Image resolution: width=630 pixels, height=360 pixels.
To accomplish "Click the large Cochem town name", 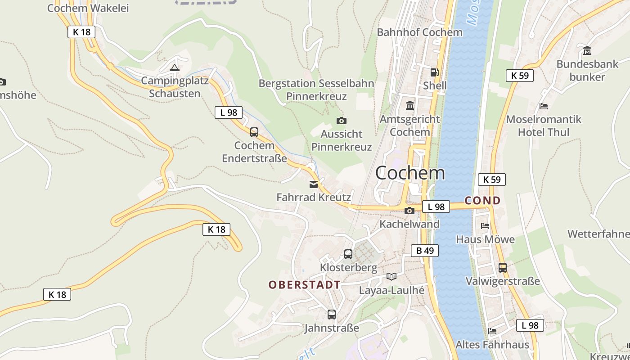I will coord(410,173).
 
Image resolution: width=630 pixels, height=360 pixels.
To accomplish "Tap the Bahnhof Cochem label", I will coord(419,32).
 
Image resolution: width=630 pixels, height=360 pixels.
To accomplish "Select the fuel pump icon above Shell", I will coord(434,72).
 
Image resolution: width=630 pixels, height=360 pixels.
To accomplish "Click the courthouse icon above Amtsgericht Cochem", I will coord(410,106).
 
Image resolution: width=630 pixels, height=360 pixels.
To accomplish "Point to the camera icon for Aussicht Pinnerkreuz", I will coord(342,121).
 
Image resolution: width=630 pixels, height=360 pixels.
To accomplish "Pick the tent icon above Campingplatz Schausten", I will coord(174,68).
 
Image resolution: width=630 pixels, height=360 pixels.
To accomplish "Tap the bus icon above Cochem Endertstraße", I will coord(254,132).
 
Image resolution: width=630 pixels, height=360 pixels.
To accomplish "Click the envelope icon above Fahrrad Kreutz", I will coord(313,184).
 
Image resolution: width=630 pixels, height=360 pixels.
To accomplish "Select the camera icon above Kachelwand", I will coord(409,211).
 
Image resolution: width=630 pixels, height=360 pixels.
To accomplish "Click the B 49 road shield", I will coord(424,251).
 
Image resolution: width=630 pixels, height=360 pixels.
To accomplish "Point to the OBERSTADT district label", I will coord(304,285).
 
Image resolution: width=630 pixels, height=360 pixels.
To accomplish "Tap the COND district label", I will coord(482,201).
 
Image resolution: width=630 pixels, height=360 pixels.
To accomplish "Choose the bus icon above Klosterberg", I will coord(348,254).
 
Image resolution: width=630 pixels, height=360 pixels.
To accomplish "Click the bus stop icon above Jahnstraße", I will coord(332,315).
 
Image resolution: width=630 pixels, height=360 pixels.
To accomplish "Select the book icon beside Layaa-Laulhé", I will coord(391,277).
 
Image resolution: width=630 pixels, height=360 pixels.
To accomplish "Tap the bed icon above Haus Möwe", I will coord(485,226).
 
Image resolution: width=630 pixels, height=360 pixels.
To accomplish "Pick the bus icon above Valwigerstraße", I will coord(503,268).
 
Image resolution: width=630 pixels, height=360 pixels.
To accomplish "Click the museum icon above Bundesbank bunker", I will coord(587,50).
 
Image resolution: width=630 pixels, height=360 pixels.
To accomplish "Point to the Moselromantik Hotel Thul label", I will coord(544,126).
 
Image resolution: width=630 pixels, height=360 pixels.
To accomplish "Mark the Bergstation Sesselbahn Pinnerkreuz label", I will coord(316,90).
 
